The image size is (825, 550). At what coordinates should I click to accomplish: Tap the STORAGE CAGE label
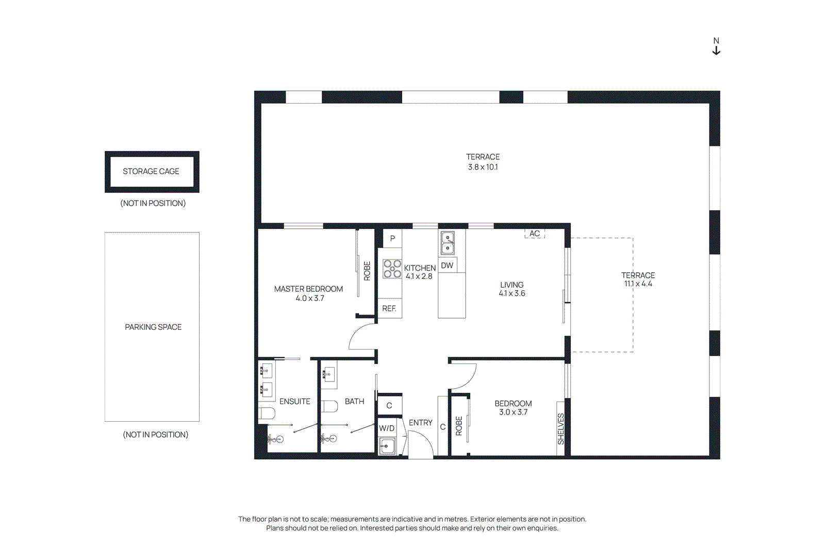(x=151, y=171)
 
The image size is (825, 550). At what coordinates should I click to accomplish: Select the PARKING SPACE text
(x=153, y=327)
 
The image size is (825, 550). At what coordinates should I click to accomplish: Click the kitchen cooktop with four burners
(x=392, y=269)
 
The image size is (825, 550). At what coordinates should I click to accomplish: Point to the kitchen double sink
(x=448, y=243)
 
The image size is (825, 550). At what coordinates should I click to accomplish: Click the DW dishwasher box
(x=447, y=265)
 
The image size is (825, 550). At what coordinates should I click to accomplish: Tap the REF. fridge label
(x=389, y=308)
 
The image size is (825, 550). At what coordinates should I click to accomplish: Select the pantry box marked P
(x=392, y=238)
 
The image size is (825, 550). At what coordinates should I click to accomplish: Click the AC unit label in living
(x=535, y=234)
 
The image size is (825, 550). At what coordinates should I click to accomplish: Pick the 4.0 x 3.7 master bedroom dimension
(x=309, y=298)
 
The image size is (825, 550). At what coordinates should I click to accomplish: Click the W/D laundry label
(x=387, y=428)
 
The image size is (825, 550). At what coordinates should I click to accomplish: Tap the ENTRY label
(x=420, y=423)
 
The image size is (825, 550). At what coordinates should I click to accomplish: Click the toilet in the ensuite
(x=267, y=413)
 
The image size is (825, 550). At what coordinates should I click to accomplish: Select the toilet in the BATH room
(x=329, y=406)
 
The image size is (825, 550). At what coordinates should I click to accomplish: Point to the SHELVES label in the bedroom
(x=561, y=429)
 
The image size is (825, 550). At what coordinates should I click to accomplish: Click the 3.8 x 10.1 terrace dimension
(x=483, y=167)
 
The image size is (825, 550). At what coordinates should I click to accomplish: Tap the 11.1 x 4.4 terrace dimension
(x=638, y=284)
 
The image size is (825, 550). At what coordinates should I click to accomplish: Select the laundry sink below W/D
(x=387, y=445)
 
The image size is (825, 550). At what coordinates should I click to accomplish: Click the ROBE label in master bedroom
(x=367, y=271)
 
